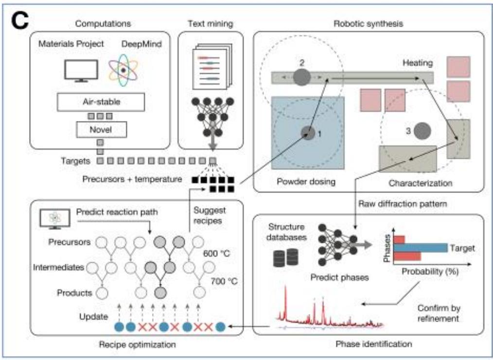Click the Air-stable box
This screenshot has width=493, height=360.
tap(101, 102)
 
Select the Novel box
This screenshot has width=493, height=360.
tap(101, 129)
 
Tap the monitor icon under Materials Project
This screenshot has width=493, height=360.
tap(81, 70)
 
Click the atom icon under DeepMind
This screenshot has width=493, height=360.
tap(123, 70)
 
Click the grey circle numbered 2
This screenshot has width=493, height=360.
tap(302, 77)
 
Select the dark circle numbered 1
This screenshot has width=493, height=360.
tap(308, 133)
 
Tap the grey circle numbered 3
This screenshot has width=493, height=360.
tap(422, 131)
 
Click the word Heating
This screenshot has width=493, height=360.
tap(418, 63)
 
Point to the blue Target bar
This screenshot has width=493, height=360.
tap(421, 248)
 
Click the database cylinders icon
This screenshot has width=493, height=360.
tap(285, 257)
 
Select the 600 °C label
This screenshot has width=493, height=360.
tap(217, 253)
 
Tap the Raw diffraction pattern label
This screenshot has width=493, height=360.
tap(403, 204)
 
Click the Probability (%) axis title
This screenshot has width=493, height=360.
tap(430, 271)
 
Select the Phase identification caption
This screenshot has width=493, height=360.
tap(374, 343)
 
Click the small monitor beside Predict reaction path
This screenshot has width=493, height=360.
tap(55, 218)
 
